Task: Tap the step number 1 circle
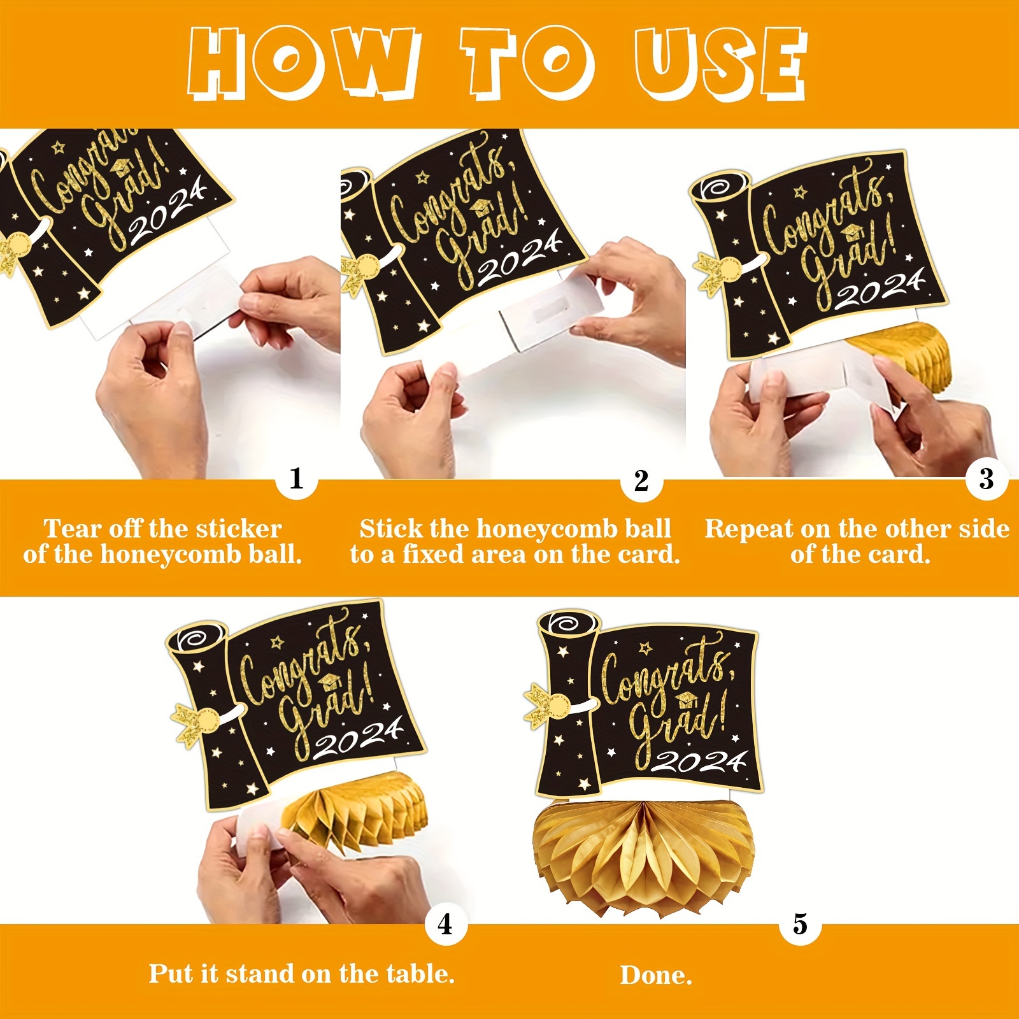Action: (296, 478)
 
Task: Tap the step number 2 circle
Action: (641, 481)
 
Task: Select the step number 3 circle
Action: (987, 479)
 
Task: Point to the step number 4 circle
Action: (446, 924)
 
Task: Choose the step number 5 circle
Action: (800, 924)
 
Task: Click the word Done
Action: (656, 975)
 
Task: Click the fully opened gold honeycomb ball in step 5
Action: (643, 853)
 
